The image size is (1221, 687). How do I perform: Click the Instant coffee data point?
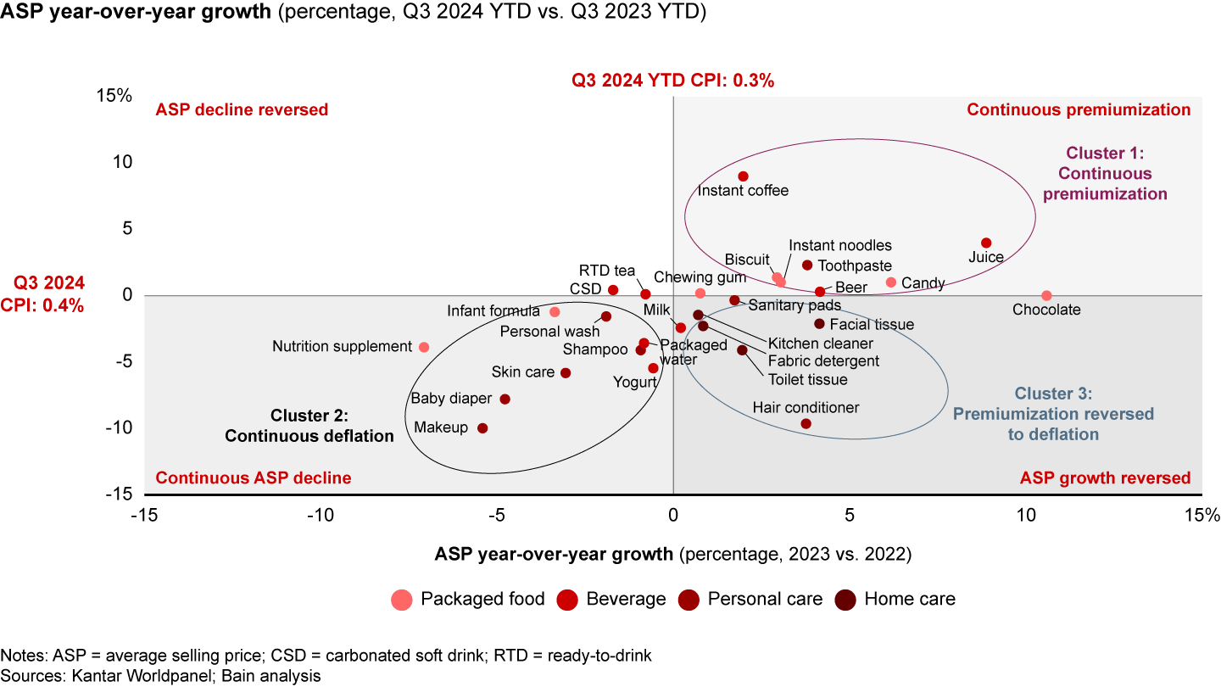[x=743, y=176]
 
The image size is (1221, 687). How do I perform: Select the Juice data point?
[x=986, y=243]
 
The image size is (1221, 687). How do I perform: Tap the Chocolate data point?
[x=1046, y=296]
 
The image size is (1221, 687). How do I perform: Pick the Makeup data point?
[x=482, y=428]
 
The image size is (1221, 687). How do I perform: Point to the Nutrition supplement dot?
[x=424, y=347]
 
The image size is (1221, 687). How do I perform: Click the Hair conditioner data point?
[x=806, y=423]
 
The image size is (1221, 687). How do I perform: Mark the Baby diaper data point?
[x=505, y=399]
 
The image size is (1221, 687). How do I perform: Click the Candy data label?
[x=923, y=283]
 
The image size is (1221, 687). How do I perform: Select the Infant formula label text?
[x=493, y=311]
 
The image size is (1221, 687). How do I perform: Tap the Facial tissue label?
[x=872, y=324]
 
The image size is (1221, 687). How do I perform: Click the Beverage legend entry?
[x=626, y=599]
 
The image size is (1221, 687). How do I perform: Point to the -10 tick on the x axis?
[x=320, y=515]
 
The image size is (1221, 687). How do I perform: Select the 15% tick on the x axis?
[x=1202, y=515]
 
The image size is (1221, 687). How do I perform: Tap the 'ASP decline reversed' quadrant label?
[x=242, y=109]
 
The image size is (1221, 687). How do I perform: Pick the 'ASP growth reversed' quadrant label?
[x=1105, y=478]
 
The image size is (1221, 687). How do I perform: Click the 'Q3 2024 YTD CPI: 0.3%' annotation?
[x=672, y=81]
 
